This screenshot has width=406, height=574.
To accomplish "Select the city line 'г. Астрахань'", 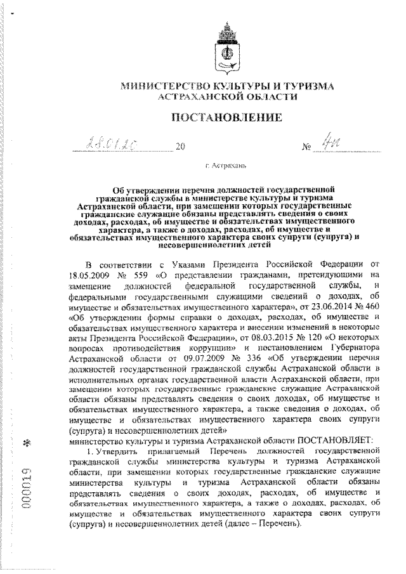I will (227, 167).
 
